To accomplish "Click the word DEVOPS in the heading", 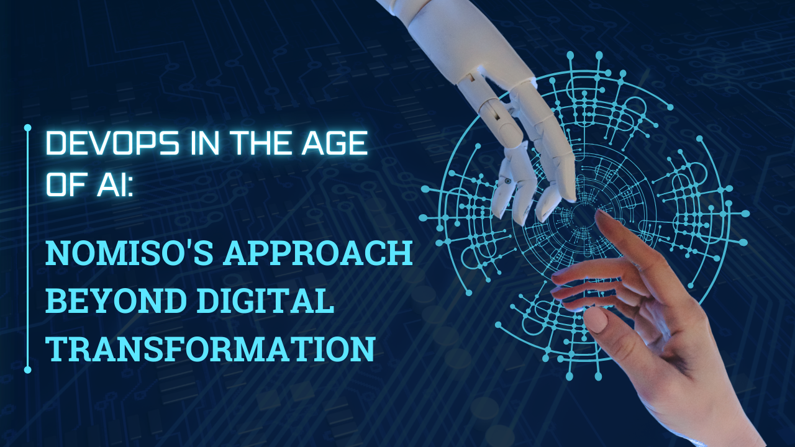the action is coord(113,143).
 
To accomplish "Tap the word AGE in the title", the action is coord(334,143).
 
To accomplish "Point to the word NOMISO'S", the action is coord(130,253).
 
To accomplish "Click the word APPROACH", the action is coord(317,253).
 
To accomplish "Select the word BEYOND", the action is coord(116,301).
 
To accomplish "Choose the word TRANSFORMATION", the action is coord(211,349).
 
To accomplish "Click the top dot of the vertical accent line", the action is coord(28,128).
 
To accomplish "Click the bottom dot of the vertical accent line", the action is coord(28,369).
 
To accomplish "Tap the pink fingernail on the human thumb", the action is coord(596,320).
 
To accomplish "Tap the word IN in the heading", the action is coord(204,143).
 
